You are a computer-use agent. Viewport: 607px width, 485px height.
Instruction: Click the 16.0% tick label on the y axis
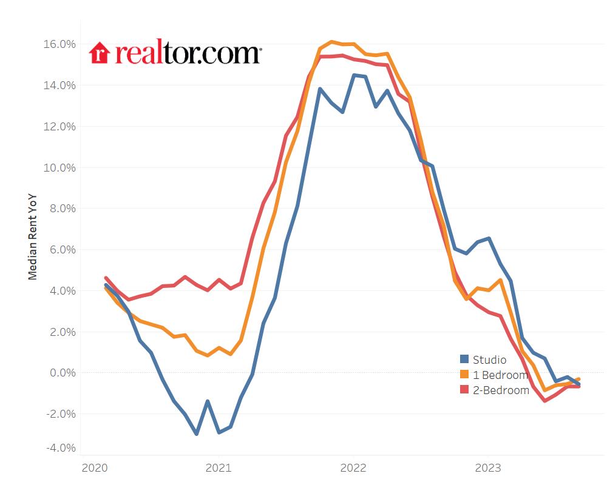59,44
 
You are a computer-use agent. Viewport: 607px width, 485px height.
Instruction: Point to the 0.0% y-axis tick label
61,373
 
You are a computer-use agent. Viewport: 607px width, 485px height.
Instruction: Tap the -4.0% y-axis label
59,448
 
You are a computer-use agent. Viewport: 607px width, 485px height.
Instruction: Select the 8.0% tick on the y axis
61,209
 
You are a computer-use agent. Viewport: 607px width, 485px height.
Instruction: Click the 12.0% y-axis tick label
59,127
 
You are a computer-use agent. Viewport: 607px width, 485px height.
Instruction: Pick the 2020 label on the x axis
94,467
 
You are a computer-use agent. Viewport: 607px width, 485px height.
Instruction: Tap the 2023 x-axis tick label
487,467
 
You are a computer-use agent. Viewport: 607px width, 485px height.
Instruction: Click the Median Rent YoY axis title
33,236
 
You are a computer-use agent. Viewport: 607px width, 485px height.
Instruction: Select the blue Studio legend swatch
464,360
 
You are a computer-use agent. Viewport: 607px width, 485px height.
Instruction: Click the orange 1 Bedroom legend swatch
464,375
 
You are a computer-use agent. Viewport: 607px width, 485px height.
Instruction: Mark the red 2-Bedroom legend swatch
464,390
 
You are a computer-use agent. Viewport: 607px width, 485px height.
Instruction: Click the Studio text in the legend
489,360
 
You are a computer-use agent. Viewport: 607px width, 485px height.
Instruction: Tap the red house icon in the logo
98,53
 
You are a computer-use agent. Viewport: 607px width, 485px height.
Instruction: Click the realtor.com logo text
188,53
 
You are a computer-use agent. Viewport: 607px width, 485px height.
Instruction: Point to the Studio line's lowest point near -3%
196,433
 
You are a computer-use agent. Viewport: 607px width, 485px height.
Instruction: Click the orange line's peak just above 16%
331,42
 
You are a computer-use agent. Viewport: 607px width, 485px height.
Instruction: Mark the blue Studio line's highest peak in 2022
354,75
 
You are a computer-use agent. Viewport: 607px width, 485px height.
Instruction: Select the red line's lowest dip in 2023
544,401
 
